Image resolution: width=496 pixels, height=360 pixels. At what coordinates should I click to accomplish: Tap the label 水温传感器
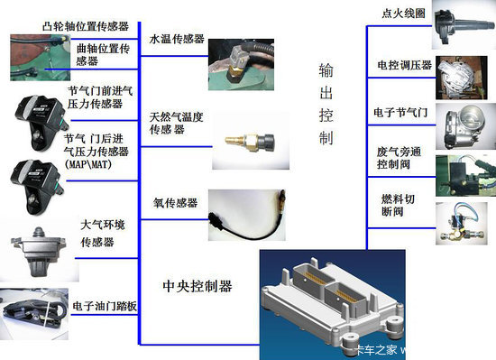tap(173, 41)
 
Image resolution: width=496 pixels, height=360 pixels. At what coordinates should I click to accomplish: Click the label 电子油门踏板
tap(106, 307)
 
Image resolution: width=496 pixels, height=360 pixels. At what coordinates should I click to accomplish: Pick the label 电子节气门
tap(402, 113)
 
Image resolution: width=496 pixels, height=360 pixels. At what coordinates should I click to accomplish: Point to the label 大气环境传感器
tap(105, 234)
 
